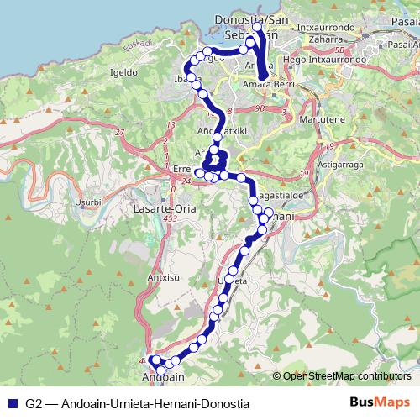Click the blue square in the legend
pos(15,403)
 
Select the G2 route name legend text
pos(138,403)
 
